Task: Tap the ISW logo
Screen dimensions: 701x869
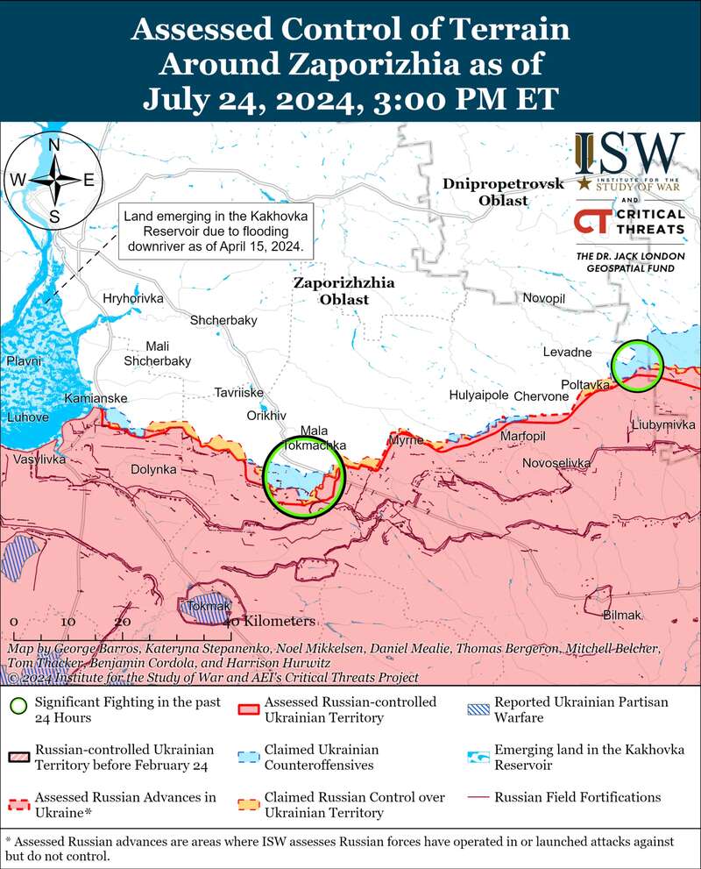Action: (x=629, y=156)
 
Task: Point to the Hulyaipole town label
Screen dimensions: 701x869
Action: (x=478, y=395)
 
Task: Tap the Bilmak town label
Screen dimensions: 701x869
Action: (x=623, y=616)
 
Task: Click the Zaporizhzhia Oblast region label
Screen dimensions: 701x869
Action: (x=343, y=291)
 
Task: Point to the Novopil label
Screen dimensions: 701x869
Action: (x=544, y=299)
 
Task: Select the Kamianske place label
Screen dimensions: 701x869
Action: (x=96, y=399)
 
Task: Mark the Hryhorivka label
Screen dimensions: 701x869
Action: (x=133, y=299)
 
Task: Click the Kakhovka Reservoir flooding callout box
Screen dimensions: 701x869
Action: (x=216, y=231)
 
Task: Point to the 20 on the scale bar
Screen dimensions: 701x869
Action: (x=123, y=621)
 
